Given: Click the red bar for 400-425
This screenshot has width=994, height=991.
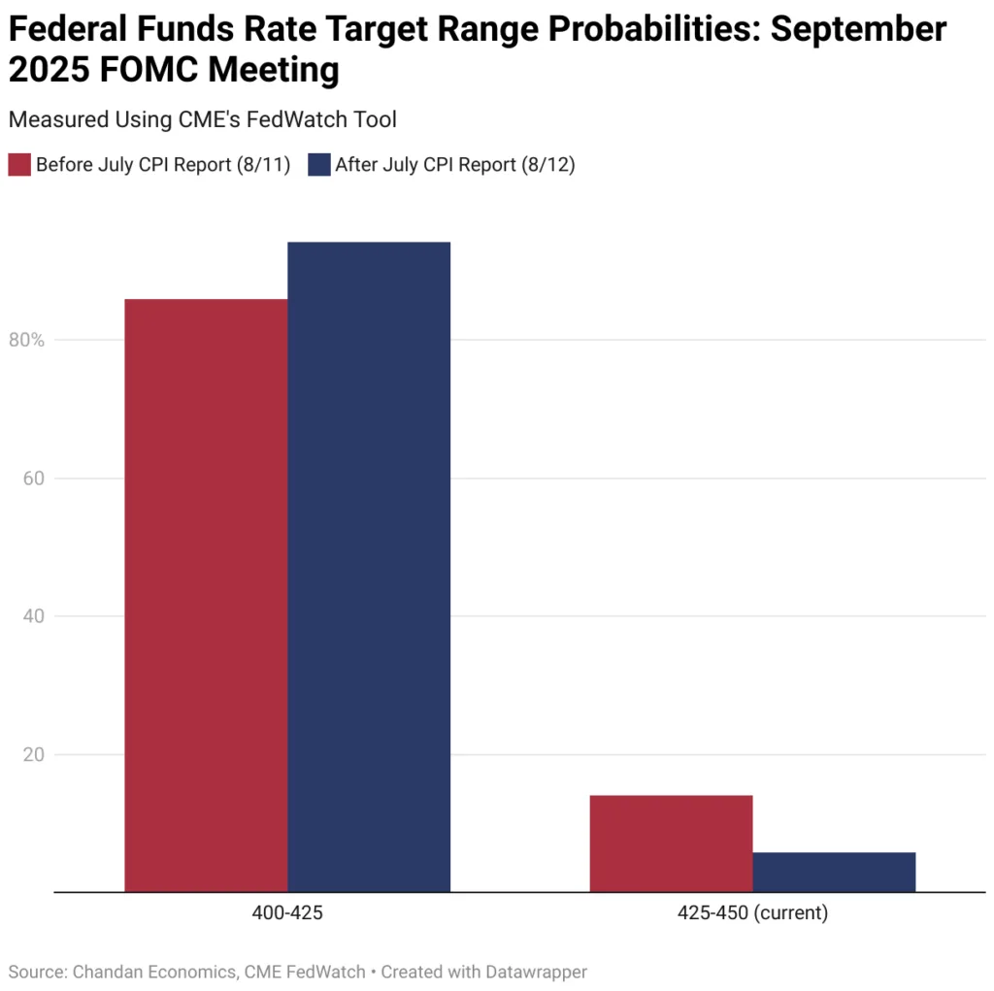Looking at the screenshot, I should tap(206, 594).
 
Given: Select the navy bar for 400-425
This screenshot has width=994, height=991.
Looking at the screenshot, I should tap(369, 566).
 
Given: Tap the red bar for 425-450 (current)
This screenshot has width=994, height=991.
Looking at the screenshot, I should tap(671, 842).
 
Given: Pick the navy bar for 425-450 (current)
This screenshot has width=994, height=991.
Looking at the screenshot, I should tap(834, 872).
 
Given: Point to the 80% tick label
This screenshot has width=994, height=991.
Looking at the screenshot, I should tap(26, 341).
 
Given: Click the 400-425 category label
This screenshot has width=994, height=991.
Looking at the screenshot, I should tap(287, 913).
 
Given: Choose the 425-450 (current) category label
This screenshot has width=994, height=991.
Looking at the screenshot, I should tap(752, 913).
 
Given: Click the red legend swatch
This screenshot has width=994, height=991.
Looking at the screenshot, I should tap(19, 164).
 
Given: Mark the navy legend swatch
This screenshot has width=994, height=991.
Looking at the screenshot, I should tap(318, 164).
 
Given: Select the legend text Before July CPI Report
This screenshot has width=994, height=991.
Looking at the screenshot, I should tap(163, 164).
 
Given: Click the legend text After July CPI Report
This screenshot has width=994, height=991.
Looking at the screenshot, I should tap(454, 164).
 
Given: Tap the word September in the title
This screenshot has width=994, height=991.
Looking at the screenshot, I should tap(858, 30).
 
